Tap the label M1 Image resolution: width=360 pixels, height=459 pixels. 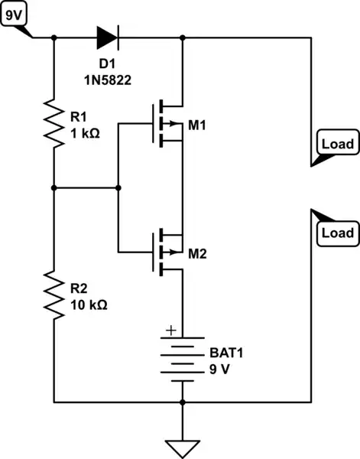[197, 125]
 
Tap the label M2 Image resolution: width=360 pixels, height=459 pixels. [197, 252]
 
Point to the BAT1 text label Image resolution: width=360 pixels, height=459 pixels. [225, 354]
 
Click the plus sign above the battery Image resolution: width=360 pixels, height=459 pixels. [170, 331]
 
